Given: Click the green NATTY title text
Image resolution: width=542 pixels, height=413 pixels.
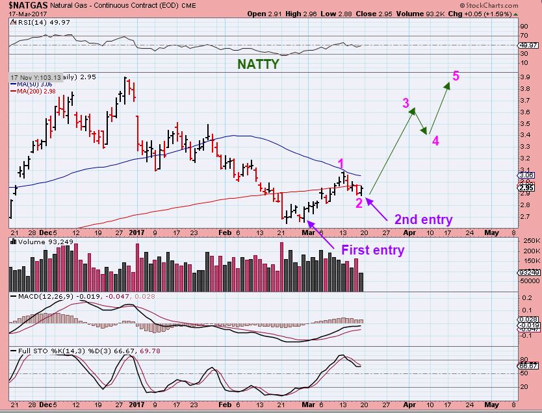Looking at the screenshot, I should [258, 64].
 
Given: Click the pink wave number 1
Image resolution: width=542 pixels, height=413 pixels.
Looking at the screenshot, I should [341, 163].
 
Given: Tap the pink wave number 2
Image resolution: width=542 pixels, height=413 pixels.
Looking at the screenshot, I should [359, 203].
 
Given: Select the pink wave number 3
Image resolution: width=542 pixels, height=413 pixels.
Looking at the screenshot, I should [406, 103].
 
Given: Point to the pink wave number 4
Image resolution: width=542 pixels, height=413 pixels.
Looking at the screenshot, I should [435, 140].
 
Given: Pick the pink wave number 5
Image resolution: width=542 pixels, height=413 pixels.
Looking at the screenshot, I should [456, 76].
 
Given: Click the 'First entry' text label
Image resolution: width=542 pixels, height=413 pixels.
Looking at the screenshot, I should [372, 250].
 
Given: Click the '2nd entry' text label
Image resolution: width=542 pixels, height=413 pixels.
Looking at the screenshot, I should [423, 219].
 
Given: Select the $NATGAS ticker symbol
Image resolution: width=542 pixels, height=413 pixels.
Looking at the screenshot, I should [24, 5].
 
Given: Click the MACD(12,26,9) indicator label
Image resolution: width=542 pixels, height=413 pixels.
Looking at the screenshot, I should [39, 295].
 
